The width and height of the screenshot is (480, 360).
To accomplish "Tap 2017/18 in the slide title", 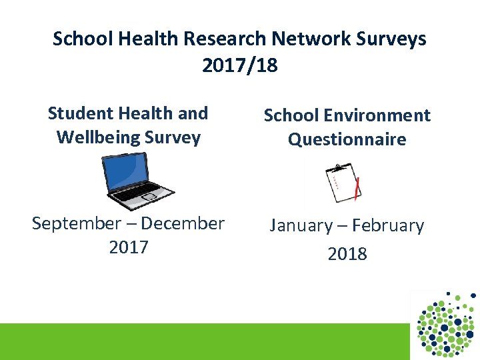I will [239, 66].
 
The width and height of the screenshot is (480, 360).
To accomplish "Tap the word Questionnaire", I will [347, 139].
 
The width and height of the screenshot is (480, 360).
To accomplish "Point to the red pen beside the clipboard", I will [358, 189].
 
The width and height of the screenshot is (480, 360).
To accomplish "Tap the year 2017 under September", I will [128, 247].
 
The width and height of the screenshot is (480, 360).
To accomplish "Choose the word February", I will [387, 226].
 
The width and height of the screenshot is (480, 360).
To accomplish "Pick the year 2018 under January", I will [347, 254].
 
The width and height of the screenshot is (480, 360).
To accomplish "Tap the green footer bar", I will [200, 341].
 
